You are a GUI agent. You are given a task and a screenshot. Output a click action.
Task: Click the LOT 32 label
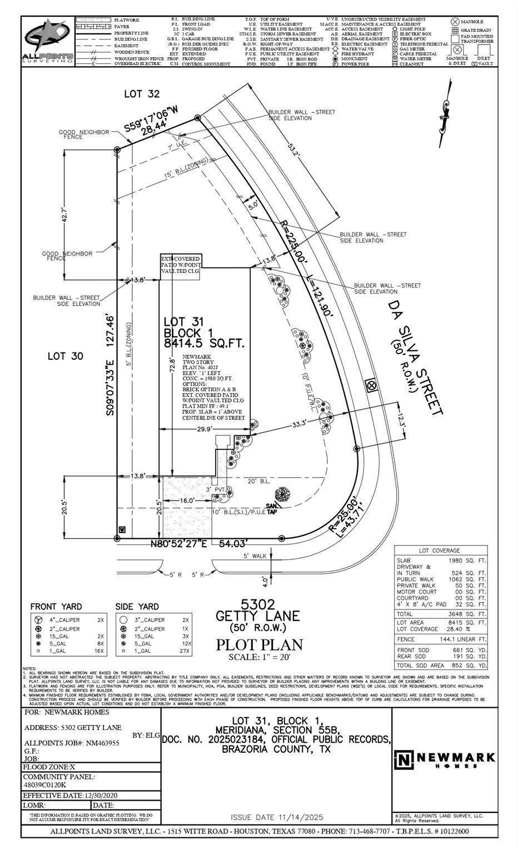coord(142,94)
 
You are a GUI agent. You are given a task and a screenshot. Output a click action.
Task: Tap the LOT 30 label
coord(65,356)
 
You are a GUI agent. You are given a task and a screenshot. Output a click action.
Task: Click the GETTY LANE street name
coord(257,615)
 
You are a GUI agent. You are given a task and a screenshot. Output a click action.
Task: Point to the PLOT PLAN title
coord(260,644)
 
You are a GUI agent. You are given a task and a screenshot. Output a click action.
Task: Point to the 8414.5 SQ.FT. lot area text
coord(204,344)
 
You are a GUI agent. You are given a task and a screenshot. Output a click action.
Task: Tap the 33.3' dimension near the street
coord(300,424)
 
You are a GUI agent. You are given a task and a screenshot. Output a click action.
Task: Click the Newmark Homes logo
coord(445,759)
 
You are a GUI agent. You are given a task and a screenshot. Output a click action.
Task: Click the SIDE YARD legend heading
coord(137,607)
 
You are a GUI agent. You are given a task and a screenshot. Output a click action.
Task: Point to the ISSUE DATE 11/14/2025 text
coord(276,817)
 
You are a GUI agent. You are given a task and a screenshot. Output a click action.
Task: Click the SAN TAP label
coord(272,508)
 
